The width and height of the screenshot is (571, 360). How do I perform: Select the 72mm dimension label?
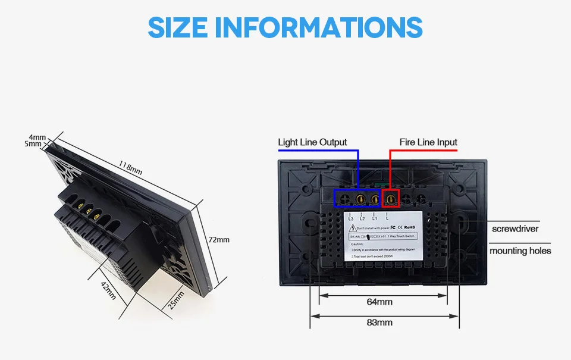click(218, 239)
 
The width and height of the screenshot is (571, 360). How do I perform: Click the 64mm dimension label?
click(379, 302)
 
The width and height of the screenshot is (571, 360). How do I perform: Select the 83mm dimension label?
click(379, 323)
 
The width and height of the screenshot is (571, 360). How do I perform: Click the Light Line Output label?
click(312, 142)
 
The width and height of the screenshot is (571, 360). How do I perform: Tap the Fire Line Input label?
click(428, 142)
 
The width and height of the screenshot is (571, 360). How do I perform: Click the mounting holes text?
click(520, 251)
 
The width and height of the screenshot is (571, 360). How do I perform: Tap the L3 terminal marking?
click(350, 218)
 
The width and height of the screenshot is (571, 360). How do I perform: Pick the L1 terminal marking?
click(375, 218)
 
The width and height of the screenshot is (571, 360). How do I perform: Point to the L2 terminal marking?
click(362, 218)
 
